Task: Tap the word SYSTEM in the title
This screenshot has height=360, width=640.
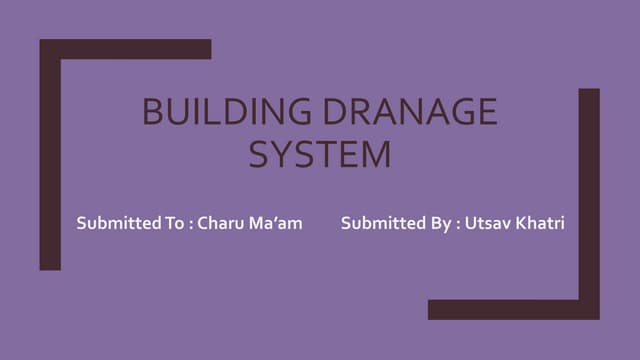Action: (x=319, y=155)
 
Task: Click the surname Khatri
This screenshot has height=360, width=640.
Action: (x=542, y=223)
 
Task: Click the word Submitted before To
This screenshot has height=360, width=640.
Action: (x=115, y=223)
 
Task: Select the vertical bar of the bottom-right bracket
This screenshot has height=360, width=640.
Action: (x=589, y=200)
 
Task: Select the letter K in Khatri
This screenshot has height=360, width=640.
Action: (x=523, y=223)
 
